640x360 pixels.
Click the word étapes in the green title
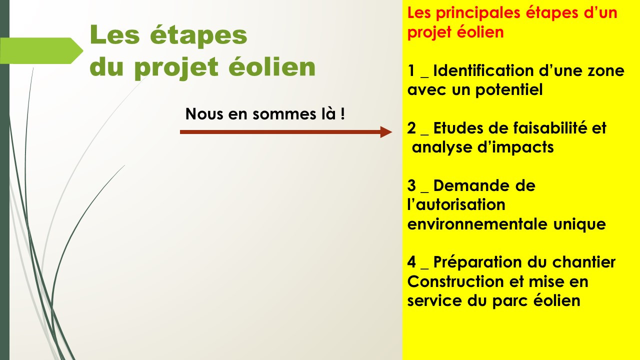click(198, 35)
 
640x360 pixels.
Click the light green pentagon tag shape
click(41, 50)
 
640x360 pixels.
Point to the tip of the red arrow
click(392, 132)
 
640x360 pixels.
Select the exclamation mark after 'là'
click(342, 113)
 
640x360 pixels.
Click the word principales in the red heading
click(477, 13)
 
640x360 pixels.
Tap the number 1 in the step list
click(411, 70)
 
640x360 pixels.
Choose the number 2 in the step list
click(411, 128)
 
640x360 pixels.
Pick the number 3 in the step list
click(411, 185)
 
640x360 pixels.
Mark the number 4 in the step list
click(411, 262)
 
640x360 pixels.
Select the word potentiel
click(509, 89)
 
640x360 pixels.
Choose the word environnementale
click(477, 224)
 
